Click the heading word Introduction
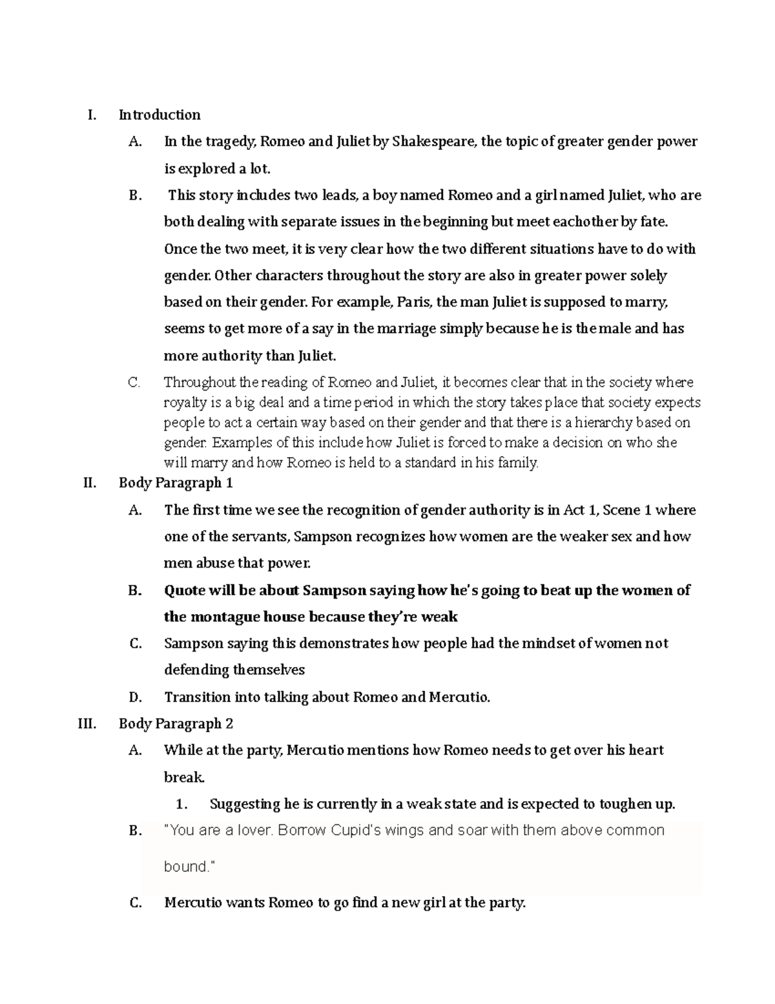(160, 115)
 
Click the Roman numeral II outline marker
(90, 483)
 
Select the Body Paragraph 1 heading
(176, 483)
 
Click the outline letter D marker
(135, 697)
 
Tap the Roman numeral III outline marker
(87, 724)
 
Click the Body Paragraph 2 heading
(176, 724)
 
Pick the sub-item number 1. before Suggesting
(182, 805)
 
